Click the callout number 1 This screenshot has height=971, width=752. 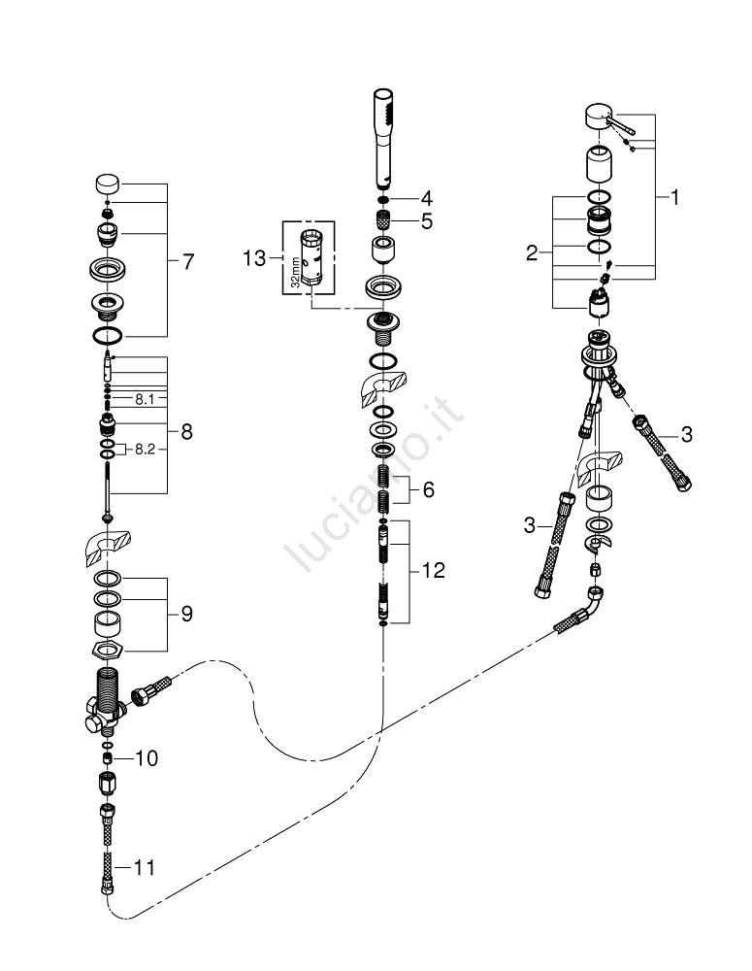tap(672, 198)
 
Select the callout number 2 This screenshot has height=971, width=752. tap(532, 253)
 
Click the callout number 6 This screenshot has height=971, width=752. tap(429, 491)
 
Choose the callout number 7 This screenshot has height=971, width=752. tap(187, 261)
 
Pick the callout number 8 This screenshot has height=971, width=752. tap(185, 431)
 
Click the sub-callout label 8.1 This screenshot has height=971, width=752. tap(146, 398)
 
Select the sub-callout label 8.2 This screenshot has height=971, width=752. tap(146, 450)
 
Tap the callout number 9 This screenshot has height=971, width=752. tap(185, 614)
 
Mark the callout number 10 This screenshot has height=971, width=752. tap(147, 756)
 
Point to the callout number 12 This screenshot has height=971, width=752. tap(433, 571)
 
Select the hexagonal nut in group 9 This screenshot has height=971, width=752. tap(110, 648)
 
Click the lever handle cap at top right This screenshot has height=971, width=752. tap(599, 119)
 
